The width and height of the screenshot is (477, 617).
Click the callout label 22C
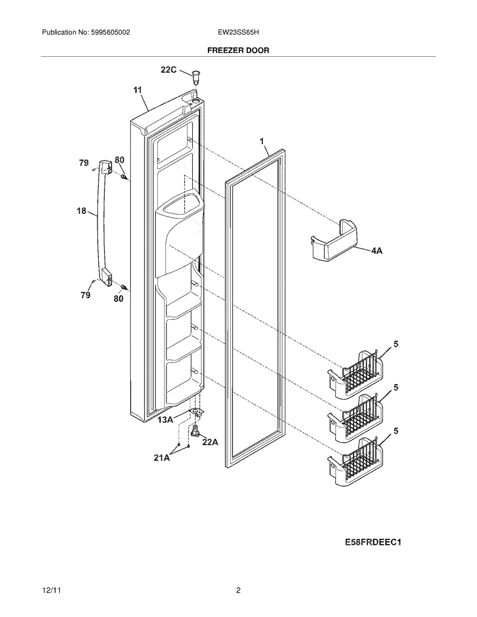pyautogui.click(x=169, y=70)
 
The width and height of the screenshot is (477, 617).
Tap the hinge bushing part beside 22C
pyautogui.click(x=195, y=76)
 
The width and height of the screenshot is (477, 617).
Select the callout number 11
pyautogui.click(x=137, y=90)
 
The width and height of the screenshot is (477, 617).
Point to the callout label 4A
pyautogui.click(x=376, y=250)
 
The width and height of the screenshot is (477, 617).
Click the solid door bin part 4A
pyautogui.click(x=334, y=240)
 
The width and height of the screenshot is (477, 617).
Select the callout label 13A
pyautogui.click(x=166, y=420)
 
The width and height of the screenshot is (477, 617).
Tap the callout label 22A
pyautogui.click(x=210, y=442)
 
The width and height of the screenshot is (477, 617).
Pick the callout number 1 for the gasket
pyautogui.click(x=262, y=141)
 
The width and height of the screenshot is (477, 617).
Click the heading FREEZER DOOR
pyautogui.click(x=238, y=51)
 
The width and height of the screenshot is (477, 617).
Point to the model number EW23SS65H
pyautogui.click(x=238, y=32)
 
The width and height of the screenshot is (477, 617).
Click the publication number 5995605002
pyautogui.click(x=111, y=32)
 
